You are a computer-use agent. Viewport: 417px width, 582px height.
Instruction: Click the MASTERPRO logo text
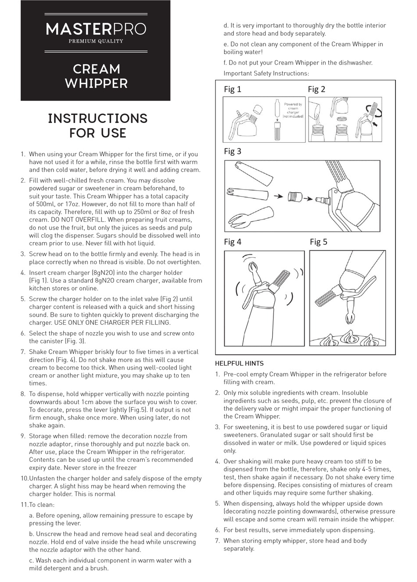96,29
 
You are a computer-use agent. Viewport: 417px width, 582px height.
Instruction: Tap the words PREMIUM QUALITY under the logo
96,41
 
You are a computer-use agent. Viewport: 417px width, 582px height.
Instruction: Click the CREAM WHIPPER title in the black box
96,76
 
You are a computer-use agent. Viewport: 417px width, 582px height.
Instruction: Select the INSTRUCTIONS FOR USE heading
97,126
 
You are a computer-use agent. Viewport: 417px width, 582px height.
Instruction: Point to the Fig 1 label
232,89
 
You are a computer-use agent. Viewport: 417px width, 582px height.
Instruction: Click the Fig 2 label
316,89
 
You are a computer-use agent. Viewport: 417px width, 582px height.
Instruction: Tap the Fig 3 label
232,151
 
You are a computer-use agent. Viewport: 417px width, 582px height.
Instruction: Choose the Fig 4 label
232,242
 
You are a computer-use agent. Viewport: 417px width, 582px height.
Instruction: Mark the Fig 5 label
318,242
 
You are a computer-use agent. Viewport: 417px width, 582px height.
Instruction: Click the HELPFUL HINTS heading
239,363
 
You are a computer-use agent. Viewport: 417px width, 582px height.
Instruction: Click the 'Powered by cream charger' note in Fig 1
293,110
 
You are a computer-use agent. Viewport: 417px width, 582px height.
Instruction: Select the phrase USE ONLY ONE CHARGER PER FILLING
100,323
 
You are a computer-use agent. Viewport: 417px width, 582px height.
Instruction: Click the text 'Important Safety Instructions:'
266,73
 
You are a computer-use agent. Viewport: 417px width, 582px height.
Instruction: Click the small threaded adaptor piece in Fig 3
295,197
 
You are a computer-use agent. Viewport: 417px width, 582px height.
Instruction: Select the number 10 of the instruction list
25,478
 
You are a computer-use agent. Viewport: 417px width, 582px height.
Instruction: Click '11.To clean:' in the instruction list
38,505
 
